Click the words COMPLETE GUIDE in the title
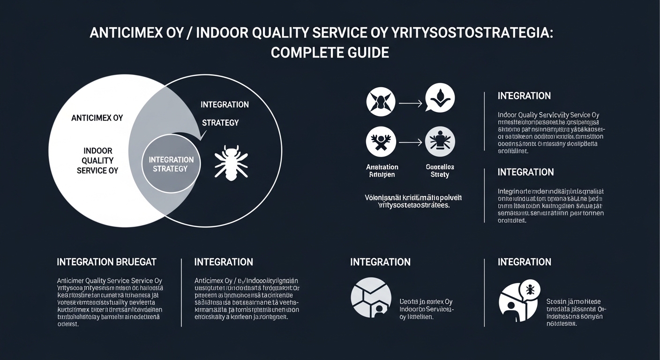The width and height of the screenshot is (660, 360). [x=330, y=52]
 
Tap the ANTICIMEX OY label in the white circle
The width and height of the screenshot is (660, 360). [x=97, y=118]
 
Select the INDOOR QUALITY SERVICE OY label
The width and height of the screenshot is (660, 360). [x=97, y=161]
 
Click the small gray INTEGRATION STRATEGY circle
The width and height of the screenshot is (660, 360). [x=171, y=164]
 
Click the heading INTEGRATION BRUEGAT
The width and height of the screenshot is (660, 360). [x=106, y=262]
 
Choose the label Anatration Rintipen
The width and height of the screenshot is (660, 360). [x=382, y=171]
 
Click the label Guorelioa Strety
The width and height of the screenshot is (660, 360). [x=439, y=171]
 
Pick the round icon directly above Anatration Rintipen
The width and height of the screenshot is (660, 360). [x=381, y=142]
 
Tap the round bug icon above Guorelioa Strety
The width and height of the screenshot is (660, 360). [x=440, y=142]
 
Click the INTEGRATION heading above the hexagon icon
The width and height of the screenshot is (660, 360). [x=380, y=262]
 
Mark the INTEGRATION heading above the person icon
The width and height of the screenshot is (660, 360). [x=524, y=262]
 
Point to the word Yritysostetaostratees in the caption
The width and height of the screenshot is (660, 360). [x=413, y=205]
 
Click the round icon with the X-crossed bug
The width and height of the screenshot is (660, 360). [x=380, y=102]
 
